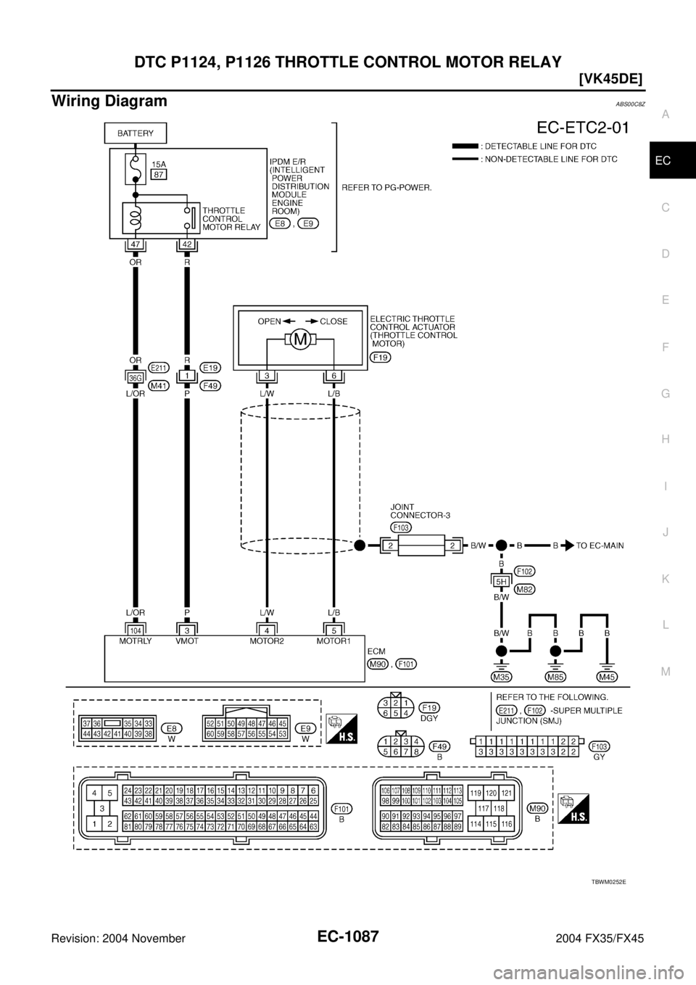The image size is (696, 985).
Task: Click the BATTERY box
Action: [136, 133]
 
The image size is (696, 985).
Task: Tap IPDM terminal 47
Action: [136, 245]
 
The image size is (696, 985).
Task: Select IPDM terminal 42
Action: [187, 245]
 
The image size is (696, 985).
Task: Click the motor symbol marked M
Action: [299, 339]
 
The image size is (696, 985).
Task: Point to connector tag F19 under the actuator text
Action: [381, 358]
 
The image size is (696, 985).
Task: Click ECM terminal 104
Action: [136, 631]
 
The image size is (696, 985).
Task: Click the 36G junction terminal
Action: [135, 377]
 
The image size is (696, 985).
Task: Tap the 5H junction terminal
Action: [500, 581]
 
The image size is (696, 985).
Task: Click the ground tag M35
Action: [500, 677]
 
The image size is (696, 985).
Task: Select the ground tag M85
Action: [555, 677]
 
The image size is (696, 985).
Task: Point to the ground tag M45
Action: [608, 677]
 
